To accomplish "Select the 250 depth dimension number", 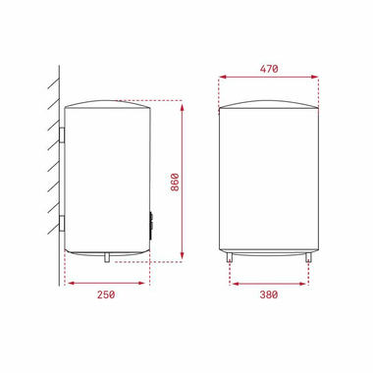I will (106, 294).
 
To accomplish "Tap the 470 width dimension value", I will (269, 69).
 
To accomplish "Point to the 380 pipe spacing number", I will (269, 294).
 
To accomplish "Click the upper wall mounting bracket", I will (62, 133).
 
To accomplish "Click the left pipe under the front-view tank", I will (230, 257).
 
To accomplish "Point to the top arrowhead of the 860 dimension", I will (183, 103).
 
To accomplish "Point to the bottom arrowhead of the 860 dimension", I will (183, 259).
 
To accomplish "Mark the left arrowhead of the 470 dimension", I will (220, 79).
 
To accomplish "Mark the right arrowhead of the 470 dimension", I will (319, 79).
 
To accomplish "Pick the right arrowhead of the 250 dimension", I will (145, 283).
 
